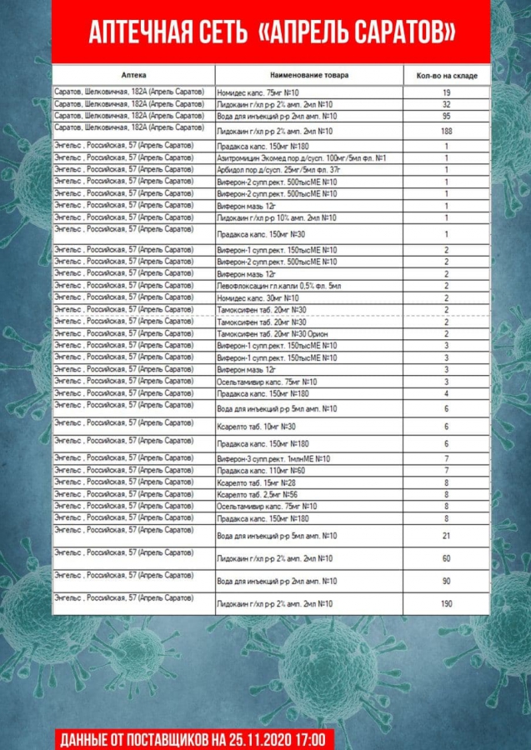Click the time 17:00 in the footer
[309, 738]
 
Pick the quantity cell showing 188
[447, 132]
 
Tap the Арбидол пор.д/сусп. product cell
[283, 170]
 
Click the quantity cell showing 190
[447, 603]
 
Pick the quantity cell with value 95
[447, 117]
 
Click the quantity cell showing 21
[447, 536]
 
